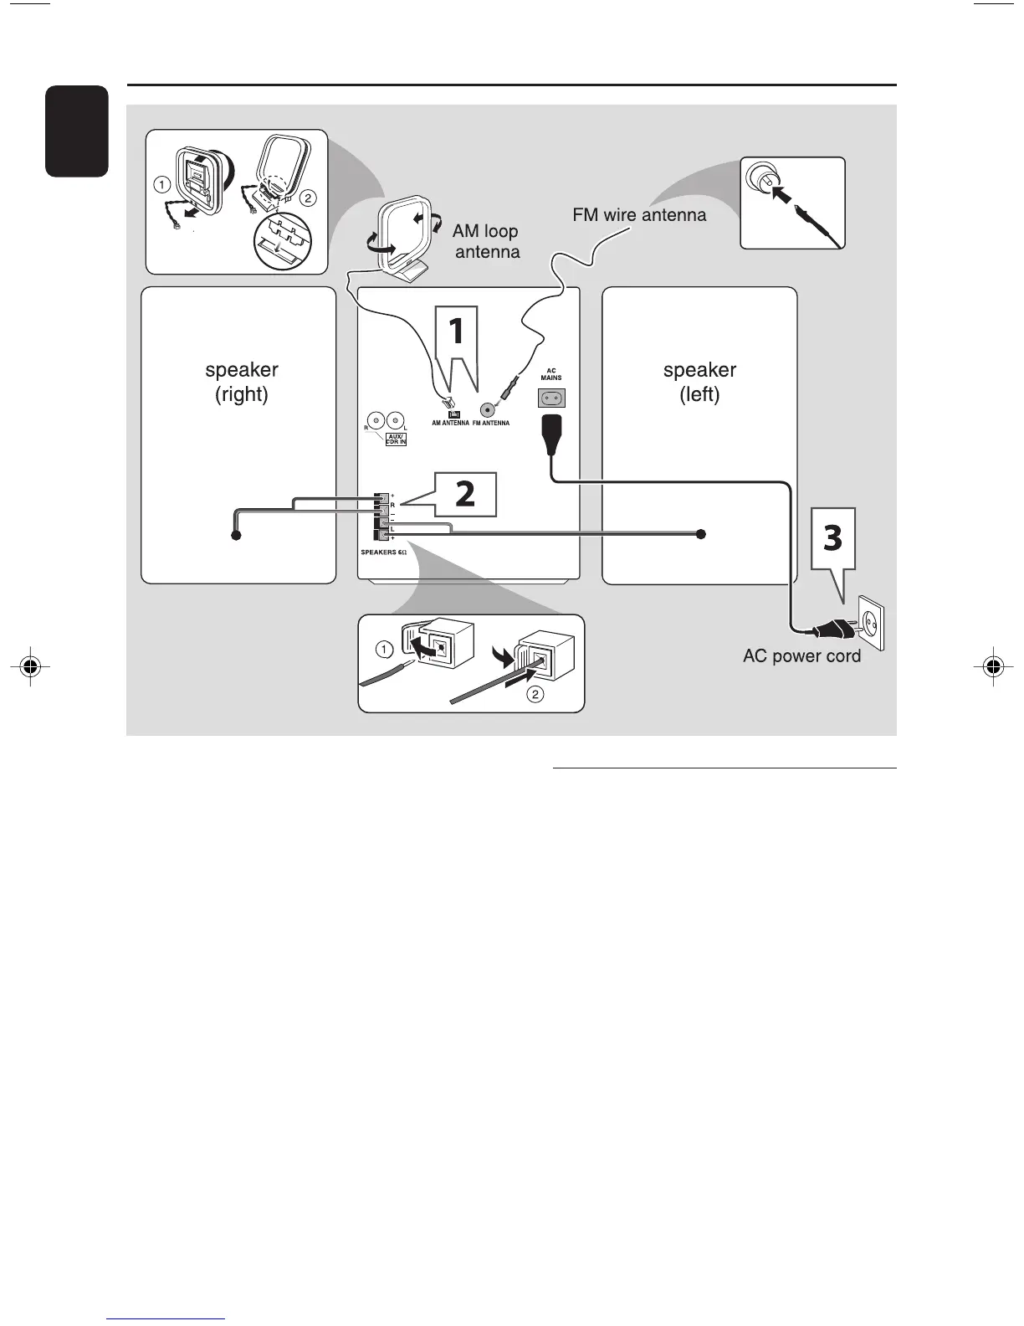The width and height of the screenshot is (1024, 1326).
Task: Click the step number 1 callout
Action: coord(456,331)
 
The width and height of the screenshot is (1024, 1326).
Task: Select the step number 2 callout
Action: coord(465,494)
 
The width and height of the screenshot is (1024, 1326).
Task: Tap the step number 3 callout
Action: coord(832,538)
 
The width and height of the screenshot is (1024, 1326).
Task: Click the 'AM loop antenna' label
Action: coord(486,241)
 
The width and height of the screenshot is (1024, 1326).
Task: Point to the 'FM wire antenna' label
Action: coord(639,215)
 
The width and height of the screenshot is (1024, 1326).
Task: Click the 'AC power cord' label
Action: coord(801,656)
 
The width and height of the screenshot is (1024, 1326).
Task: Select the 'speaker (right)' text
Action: coord(242,382)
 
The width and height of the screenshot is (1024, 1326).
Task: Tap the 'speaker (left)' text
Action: coord(699,382)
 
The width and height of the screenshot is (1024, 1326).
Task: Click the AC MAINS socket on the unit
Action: coord(551,398)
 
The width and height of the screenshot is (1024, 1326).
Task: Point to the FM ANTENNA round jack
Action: coord(487,410)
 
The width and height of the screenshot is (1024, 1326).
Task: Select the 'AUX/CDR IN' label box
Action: coord(396,439)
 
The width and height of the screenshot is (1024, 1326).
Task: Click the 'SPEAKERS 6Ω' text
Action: coord(383,552)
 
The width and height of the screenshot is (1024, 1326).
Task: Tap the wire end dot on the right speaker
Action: coord(236,535)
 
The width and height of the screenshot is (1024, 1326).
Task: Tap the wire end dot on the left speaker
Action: coord(701,534)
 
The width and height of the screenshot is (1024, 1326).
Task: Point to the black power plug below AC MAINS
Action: coord(551,433)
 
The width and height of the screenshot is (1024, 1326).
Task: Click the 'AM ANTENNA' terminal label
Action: coord(450,424)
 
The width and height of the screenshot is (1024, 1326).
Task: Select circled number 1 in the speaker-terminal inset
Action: coord(383,650)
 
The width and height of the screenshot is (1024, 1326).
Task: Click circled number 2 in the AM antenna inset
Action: coord(308,198)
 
